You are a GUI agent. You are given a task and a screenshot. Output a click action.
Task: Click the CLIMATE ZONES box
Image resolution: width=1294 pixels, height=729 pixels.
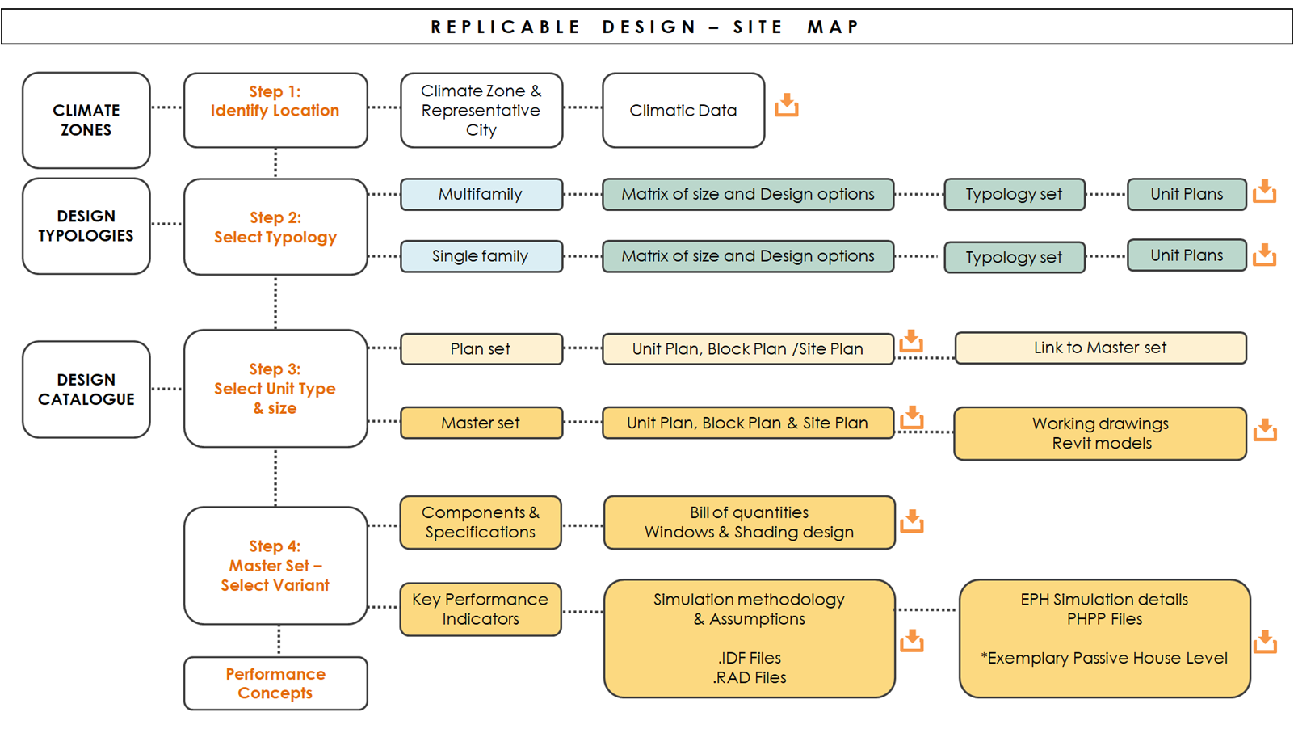click(86, 120)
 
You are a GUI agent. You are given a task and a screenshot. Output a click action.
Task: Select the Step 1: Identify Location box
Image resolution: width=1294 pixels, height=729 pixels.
click(275, 111)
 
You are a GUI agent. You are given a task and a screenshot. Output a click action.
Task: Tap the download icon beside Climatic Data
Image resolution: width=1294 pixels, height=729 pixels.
click(786, 105)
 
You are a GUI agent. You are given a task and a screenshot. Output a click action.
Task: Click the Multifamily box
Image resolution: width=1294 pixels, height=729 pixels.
click(481, 194)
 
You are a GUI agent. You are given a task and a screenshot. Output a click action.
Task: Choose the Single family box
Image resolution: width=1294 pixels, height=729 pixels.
click(481, 256)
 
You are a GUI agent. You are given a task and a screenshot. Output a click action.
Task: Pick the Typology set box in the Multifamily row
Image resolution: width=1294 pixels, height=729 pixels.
click(1015, 194)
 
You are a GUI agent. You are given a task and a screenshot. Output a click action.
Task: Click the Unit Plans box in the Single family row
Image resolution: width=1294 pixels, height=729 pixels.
click(1187, 255)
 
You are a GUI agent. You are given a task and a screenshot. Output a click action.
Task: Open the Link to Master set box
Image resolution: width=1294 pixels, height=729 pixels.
click(1100, 348)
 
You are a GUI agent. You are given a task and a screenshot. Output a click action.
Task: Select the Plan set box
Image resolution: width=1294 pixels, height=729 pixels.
click(481, 348)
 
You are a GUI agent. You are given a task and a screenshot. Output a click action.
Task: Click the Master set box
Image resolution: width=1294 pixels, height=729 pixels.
click(481, 423)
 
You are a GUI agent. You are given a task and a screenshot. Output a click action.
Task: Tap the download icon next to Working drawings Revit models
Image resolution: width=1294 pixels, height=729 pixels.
click(1265, 429)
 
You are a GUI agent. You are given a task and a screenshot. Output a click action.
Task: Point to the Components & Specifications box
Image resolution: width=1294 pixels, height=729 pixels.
click(481, 522)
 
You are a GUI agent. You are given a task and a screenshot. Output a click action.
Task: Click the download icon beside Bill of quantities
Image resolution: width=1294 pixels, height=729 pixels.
click(912, 520)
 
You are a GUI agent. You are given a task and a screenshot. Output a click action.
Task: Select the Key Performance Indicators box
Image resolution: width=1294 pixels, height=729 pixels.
click(481, 609)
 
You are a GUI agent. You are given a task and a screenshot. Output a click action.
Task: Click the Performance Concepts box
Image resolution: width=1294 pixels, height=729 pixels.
click(275, 683)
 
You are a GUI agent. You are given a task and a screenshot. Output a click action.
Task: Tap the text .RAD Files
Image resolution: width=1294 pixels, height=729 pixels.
click(750, 677)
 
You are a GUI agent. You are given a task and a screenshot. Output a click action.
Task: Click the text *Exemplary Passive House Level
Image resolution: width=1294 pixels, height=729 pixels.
click(1104, 659)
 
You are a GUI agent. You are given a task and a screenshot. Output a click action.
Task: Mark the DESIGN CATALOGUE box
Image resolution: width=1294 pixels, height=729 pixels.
click(86, 389)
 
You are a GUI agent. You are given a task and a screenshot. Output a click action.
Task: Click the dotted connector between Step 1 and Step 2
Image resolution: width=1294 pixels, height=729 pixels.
click(275, 163)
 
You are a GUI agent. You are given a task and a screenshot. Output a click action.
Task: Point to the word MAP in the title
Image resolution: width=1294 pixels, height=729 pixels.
click(833, 27)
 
